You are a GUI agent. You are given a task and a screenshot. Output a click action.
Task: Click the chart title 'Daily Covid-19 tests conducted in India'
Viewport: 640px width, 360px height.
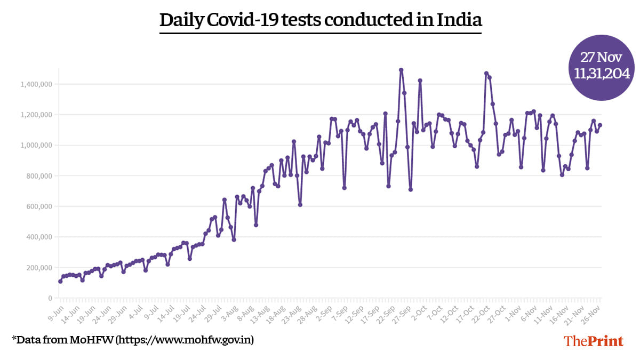pyautogui.click(x=321, y=20)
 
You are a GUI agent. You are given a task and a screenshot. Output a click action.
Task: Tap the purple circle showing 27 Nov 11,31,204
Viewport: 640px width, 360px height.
pyautogui.click(x=602, y=67)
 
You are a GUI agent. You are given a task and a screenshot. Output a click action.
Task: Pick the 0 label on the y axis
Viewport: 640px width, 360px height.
pyautogui.click(x=50, y=298)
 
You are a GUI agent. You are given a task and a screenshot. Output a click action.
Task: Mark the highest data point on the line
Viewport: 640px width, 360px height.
pyautogui.click(x=401, y=70)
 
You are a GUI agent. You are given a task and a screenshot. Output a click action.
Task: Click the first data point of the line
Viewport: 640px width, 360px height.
pyautogui.click(x=60, y=281)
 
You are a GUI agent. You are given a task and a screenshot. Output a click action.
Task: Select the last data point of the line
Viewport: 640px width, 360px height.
pyautogui.click(x=600, y=125)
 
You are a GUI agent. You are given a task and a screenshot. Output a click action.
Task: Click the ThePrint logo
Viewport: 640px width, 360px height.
pyautogui.click(x=594, y=341)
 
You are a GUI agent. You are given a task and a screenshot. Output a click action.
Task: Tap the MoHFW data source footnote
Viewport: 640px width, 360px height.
pyautogui.click(x=133, y=339)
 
